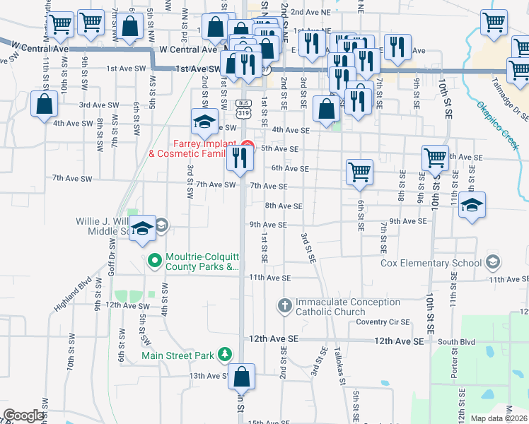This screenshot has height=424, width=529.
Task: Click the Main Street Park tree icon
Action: pos(225,354)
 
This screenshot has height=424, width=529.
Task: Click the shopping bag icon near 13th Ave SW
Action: pos(241,378)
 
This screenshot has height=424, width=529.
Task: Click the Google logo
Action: pos(23,415)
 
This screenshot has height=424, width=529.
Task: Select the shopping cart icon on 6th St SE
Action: pos(359,172)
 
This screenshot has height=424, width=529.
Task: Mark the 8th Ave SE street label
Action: pos(284,206)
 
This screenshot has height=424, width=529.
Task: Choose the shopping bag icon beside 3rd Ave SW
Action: pos(45,105)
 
